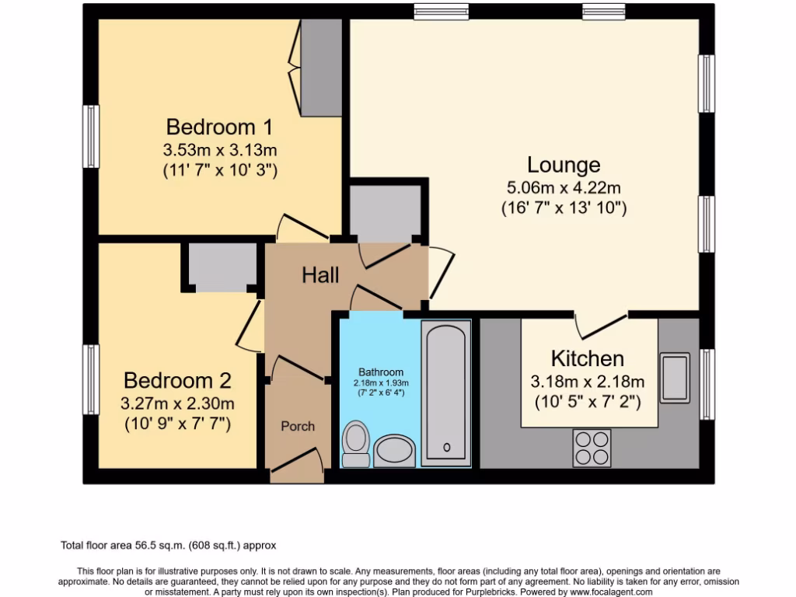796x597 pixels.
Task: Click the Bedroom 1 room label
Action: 220,127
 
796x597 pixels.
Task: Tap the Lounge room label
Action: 564,165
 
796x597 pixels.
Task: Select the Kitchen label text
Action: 588,358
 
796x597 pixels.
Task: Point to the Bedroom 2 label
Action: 177,381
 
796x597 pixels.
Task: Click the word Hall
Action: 320,274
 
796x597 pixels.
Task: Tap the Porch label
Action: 298,426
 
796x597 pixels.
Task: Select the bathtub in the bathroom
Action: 445,393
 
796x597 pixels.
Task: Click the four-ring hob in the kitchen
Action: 592,447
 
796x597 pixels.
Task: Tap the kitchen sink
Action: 675,377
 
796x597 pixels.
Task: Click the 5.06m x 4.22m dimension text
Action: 564,187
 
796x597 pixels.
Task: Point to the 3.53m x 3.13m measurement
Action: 220,149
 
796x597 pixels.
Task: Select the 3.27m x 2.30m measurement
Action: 177,403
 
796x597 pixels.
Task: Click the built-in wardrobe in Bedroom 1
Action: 320,68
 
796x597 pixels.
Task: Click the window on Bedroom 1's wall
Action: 92,137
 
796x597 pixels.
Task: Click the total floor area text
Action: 169,546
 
